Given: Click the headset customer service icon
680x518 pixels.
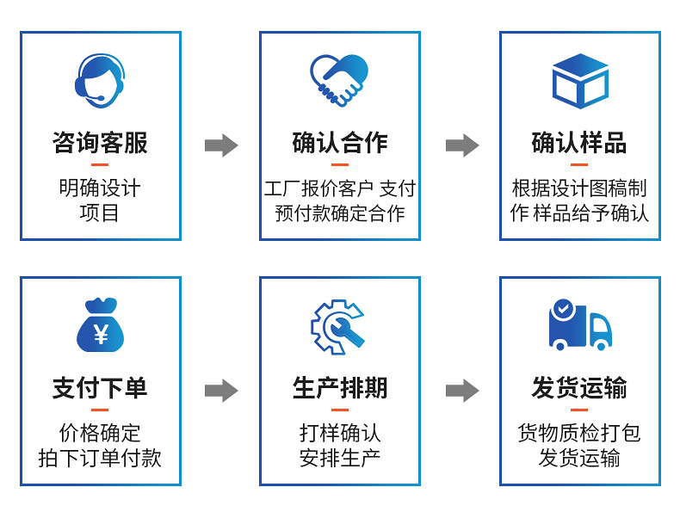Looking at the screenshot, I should (x=100, y=80).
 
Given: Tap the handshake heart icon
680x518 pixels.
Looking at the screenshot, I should (x=339, y=80).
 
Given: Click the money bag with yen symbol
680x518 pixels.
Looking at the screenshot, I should (x=100, y=326).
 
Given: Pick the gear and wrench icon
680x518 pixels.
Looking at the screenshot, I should (x=339, y=326).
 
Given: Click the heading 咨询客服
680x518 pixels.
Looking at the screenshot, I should (x=100, y=143).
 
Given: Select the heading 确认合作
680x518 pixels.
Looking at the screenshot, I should (x=339, y=143).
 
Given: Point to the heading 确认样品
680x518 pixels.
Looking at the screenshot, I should (x=579, y=143).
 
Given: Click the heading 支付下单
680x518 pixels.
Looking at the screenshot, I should (x=100, y=388).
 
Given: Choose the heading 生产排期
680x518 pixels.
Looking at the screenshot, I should (x=339, y=388).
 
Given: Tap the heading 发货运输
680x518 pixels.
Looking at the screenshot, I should (x=579, y=388).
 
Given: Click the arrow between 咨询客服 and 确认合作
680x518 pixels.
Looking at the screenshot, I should (x=221, y=145).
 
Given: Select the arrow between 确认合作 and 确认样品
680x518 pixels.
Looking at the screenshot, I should (x=461, y=145).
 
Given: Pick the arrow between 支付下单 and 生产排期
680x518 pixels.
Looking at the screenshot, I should (x=221, y=391).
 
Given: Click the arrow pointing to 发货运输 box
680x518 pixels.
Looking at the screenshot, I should (x=461, y=391).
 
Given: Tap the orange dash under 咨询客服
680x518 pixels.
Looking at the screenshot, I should (x=100, y=164).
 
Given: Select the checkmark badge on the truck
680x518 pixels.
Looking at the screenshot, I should (x=562, y=308).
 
